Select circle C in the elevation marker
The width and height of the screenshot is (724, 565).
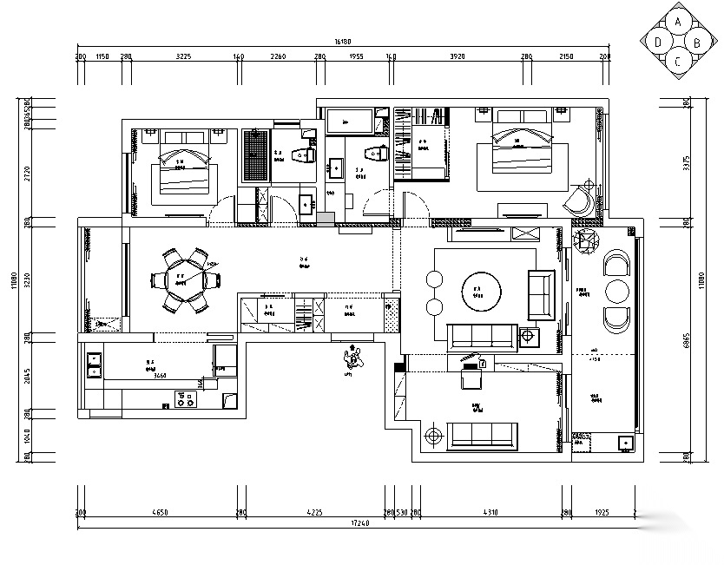click(678, 60)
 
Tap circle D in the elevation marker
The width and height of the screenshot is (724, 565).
click(660, 42)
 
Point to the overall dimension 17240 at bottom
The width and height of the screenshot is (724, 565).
click(356, 525)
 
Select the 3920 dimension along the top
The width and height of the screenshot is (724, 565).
click(457, 56)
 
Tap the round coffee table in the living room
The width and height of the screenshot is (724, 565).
click(478, 292)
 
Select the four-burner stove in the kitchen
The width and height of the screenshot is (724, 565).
click(185, 400)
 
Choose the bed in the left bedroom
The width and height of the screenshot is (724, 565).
click(183, 171)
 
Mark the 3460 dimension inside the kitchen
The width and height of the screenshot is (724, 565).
click(159, 376)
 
